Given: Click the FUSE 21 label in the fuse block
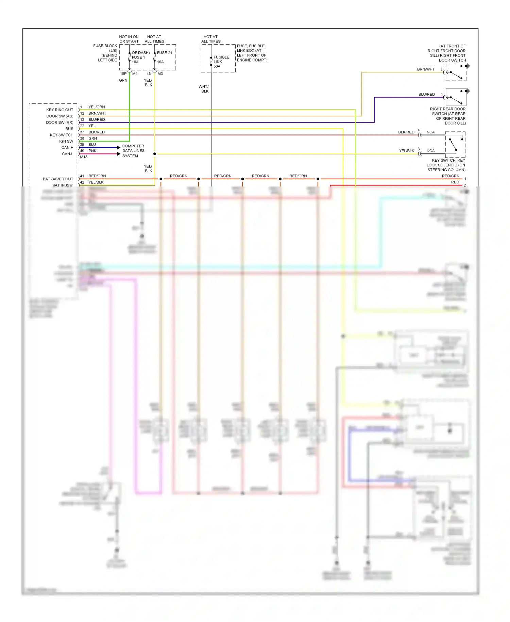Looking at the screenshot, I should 165,53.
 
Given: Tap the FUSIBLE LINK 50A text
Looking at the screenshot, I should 221,62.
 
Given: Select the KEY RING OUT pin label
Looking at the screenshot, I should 60,110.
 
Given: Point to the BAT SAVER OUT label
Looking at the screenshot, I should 58,179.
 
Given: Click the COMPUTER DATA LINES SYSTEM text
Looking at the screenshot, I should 133,151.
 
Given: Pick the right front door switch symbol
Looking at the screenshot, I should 456,72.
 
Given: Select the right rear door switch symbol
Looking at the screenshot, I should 456,97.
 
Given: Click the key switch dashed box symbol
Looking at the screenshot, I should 455,144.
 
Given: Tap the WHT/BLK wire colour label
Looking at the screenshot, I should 204,89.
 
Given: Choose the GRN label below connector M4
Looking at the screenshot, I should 123,80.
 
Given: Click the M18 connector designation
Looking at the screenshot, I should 84,157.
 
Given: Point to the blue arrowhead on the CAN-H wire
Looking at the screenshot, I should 118,147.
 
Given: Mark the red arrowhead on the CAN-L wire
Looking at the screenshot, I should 118,154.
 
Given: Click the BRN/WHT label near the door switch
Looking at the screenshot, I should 426,69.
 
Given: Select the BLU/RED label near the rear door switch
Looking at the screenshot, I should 426,95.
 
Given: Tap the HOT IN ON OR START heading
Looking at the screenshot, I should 129,39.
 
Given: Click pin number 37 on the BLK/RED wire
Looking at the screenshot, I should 82,132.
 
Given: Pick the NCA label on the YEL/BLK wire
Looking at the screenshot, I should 430,151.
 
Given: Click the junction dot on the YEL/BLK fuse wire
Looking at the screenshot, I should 155,154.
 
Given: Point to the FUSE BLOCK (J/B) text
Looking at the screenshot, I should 105,48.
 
